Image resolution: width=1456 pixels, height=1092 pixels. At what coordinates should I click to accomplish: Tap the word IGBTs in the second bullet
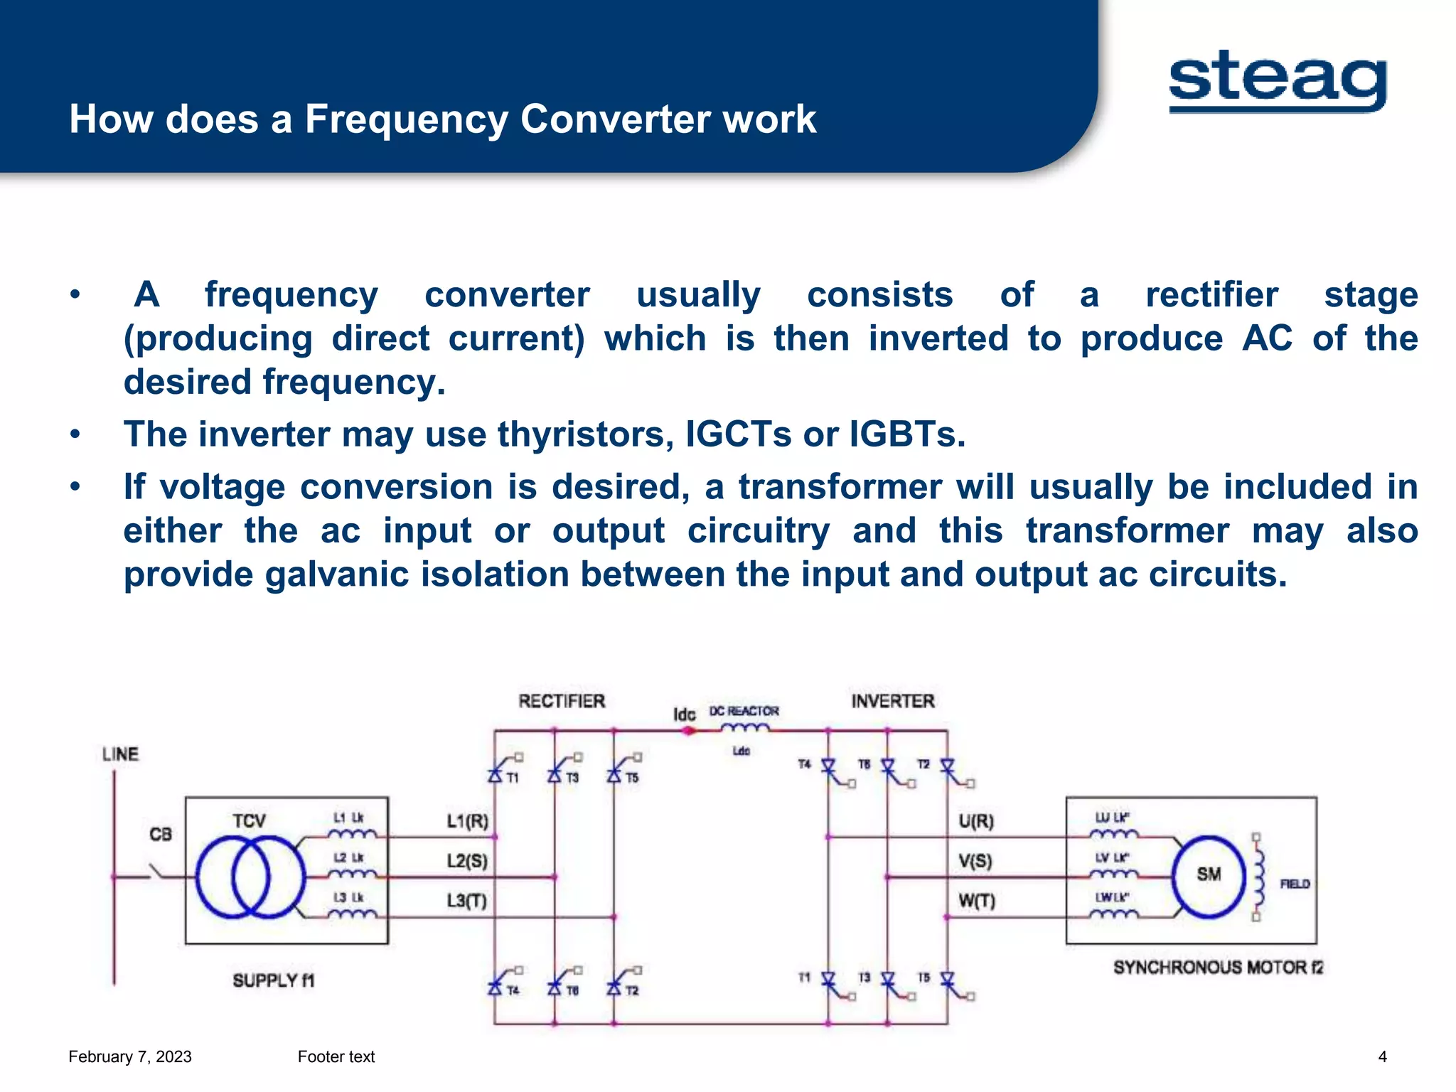907,434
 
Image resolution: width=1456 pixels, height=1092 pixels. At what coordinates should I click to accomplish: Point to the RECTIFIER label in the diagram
562,701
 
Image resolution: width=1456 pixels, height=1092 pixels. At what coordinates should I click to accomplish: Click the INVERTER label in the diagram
893,701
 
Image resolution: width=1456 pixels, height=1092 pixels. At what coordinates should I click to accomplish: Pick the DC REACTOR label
744,711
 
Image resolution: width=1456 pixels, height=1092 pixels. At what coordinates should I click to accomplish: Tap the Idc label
684,714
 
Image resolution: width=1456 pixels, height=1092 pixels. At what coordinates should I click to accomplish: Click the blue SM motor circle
1209,876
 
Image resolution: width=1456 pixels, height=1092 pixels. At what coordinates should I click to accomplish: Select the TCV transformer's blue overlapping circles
250,877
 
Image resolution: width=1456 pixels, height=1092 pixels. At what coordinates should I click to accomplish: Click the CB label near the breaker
161,834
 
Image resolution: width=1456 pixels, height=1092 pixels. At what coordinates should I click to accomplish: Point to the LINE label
120,754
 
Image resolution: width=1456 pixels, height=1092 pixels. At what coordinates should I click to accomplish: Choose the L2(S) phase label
467,861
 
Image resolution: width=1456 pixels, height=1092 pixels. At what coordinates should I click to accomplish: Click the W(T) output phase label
977,901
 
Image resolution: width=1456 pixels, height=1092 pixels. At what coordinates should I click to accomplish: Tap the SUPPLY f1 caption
274,980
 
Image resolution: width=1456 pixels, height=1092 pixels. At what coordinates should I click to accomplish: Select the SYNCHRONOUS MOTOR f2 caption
1218,967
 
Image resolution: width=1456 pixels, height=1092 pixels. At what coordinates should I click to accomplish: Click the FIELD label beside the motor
1295,884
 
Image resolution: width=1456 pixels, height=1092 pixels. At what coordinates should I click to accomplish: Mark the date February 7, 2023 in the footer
130,1056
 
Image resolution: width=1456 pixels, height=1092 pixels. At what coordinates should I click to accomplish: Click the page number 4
1382,1056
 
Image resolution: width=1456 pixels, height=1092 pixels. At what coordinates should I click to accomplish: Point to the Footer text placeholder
336,1056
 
